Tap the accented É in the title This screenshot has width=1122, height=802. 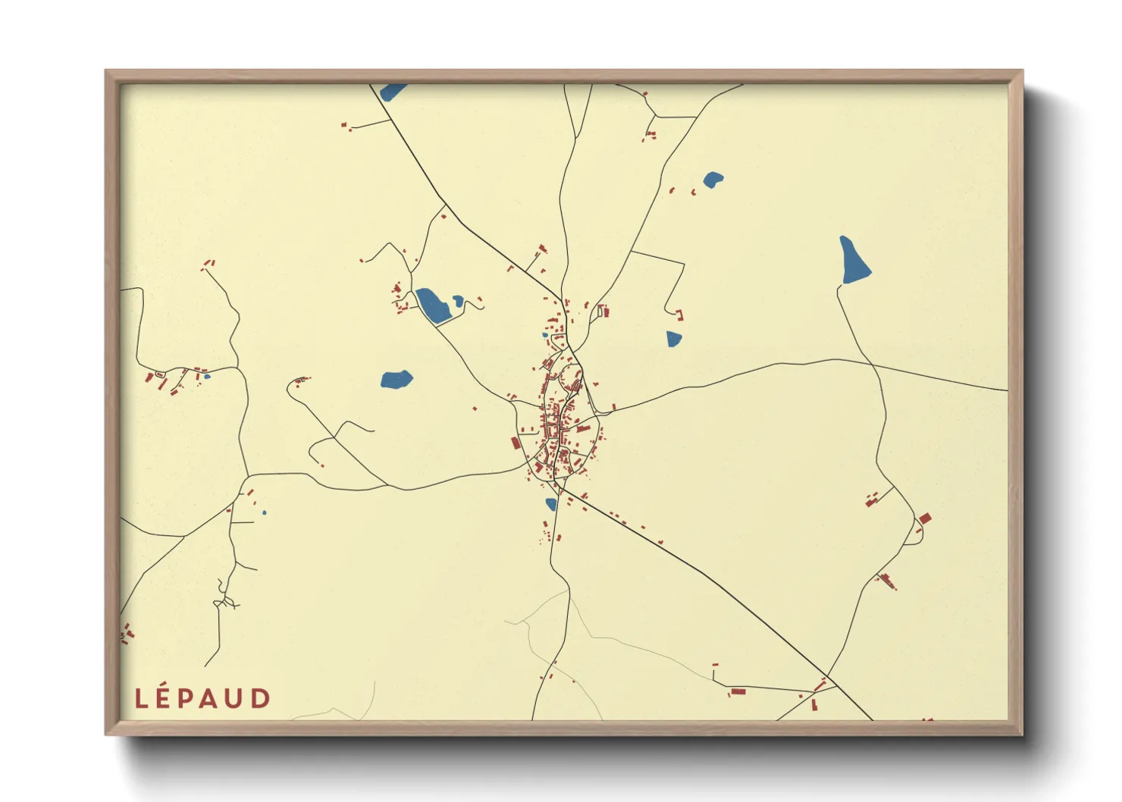162,697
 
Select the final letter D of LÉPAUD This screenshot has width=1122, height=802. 261,699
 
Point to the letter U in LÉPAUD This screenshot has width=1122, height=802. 236,699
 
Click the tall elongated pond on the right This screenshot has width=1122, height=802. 854,260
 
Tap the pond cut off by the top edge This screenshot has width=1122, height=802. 392,92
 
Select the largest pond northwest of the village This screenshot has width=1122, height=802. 433,305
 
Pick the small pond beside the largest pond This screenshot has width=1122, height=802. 458,302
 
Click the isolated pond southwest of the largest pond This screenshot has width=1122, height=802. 396,379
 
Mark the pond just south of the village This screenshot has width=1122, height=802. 551,504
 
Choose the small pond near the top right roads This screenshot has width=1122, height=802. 713,180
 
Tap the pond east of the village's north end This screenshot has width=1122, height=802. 674,339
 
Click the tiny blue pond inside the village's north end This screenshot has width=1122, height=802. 545,334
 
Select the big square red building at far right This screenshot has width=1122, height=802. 924,518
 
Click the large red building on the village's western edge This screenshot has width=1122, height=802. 516,443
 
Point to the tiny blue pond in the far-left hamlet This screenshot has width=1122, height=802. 207,376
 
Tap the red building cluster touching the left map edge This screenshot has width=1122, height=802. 126,634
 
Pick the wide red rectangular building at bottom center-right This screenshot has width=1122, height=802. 737,691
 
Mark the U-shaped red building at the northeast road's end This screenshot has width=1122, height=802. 679,314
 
